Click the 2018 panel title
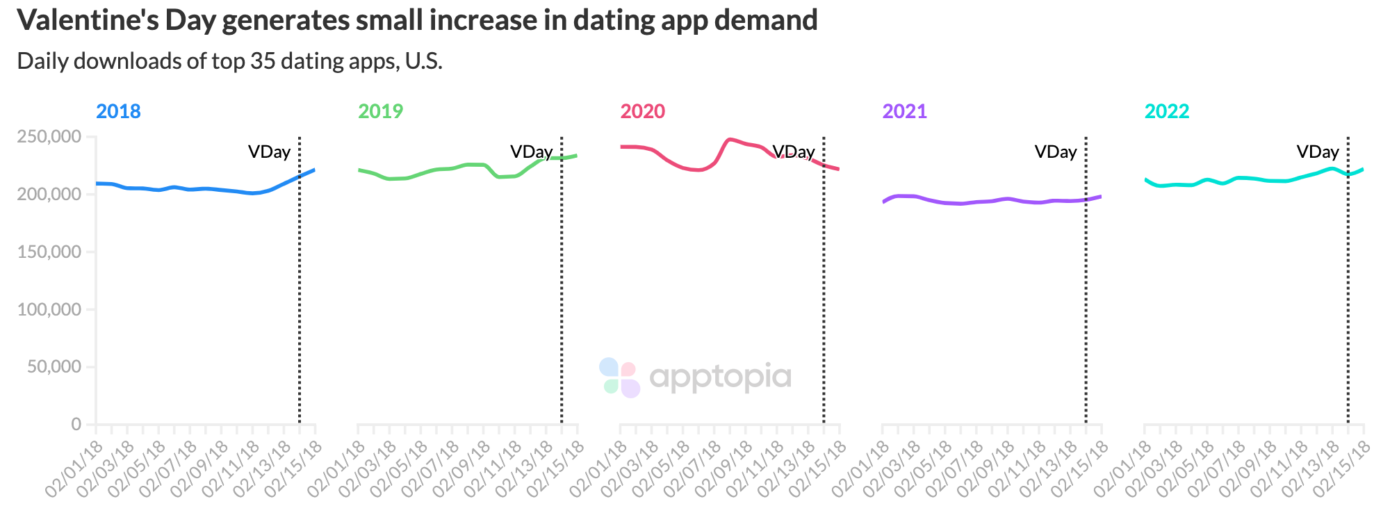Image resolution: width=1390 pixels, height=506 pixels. pos(118,111)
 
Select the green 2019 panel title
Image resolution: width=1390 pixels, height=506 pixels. pos(380,111)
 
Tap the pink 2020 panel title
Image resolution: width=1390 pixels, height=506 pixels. pos(642,111)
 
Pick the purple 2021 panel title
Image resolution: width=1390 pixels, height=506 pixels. pos(904,111)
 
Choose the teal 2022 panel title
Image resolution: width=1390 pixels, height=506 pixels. pos(1166,111)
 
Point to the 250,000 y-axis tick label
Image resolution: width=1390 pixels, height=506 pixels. pos(49,136)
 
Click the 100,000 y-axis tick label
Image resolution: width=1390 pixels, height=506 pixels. pos(49,309)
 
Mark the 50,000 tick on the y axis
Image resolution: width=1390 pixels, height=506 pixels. pos(54,367)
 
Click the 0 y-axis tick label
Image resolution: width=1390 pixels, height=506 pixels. pos(76,424)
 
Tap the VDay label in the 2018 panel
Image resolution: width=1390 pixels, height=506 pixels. pos(269,152)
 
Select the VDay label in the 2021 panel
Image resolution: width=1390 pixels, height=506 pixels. pos(1055,152)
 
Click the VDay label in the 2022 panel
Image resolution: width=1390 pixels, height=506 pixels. pos(1317,152)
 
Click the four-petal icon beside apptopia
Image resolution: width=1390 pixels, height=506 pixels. pos(619,377)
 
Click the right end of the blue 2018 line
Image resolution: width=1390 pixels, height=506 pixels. pos(314,170)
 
